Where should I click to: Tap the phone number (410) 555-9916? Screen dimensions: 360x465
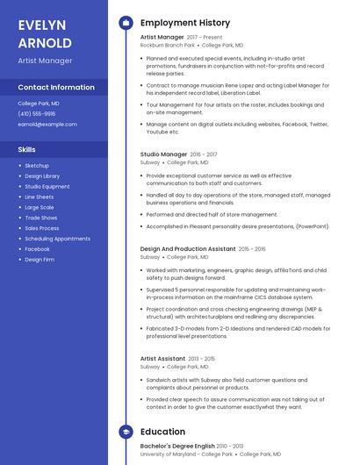(36, 113)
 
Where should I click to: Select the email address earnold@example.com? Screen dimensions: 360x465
(47, 124)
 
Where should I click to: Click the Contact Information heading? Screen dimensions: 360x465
(56, 88)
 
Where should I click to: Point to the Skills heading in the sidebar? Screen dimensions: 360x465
(26, 149)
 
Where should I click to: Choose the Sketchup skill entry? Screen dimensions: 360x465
(37, 166)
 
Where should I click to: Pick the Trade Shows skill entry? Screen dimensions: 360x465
(40, 218)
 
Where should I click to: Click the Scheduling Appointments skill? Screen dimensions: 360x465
(57, 239)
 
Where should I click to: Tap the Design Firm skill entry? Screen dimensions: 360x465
(39, 260)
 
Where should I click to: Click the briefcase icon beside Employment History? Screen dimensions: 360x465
(126, 23)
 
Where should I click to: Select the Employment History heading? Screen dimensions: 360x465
(185, 23)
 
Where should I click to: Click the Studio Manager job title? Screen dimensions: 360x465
(163, 154)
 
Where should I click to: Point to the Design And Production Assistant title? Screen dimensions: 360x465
(188, 249)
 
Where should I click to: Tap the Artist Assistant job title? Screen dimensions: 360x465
(162, 359)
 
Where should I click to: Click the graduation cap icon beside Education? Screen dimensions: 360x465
(126, 433)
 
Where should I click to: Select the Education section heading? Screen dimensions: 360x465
(162, 433)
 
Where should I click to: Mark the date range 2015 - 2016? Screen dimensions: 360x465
(252, 249)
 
